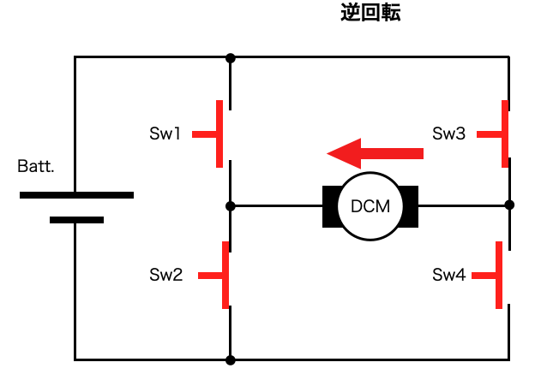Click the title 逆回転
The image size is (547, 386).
(x=370, y=13)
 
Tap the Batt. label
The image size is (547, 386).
(x=36, y=166)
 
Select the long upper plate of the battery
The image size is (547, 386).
(x=76, y=195)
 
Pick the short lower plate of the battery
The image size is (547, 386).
(x=76, y=220)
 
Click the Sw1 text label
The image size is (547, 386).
(x=165, y=134)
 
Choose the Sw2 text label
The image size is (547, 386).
(x=166, y=275)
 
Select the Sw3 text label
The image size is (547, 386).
(x=448, y=134)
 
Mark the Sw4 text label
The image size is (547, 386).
(x=448, y=275)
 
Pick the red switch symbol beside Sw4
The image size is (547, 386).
(x=497, y=275)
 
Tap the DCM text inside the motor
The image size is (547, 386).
(x=370, y=206)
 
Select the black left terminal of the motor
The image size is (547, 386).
(x=329, y=206)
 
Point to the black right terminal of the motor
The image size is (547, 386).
(x=412, y=206)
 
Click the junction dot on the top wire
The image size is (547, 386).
(x=230, y=57)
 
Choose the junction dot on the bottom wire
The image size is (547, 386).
(x=230, y=360)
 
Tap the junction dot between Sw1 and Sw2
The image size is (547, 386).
(x=230, y=206)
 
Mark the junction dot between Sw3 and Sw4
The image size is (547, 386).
(x=509, y=205)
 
